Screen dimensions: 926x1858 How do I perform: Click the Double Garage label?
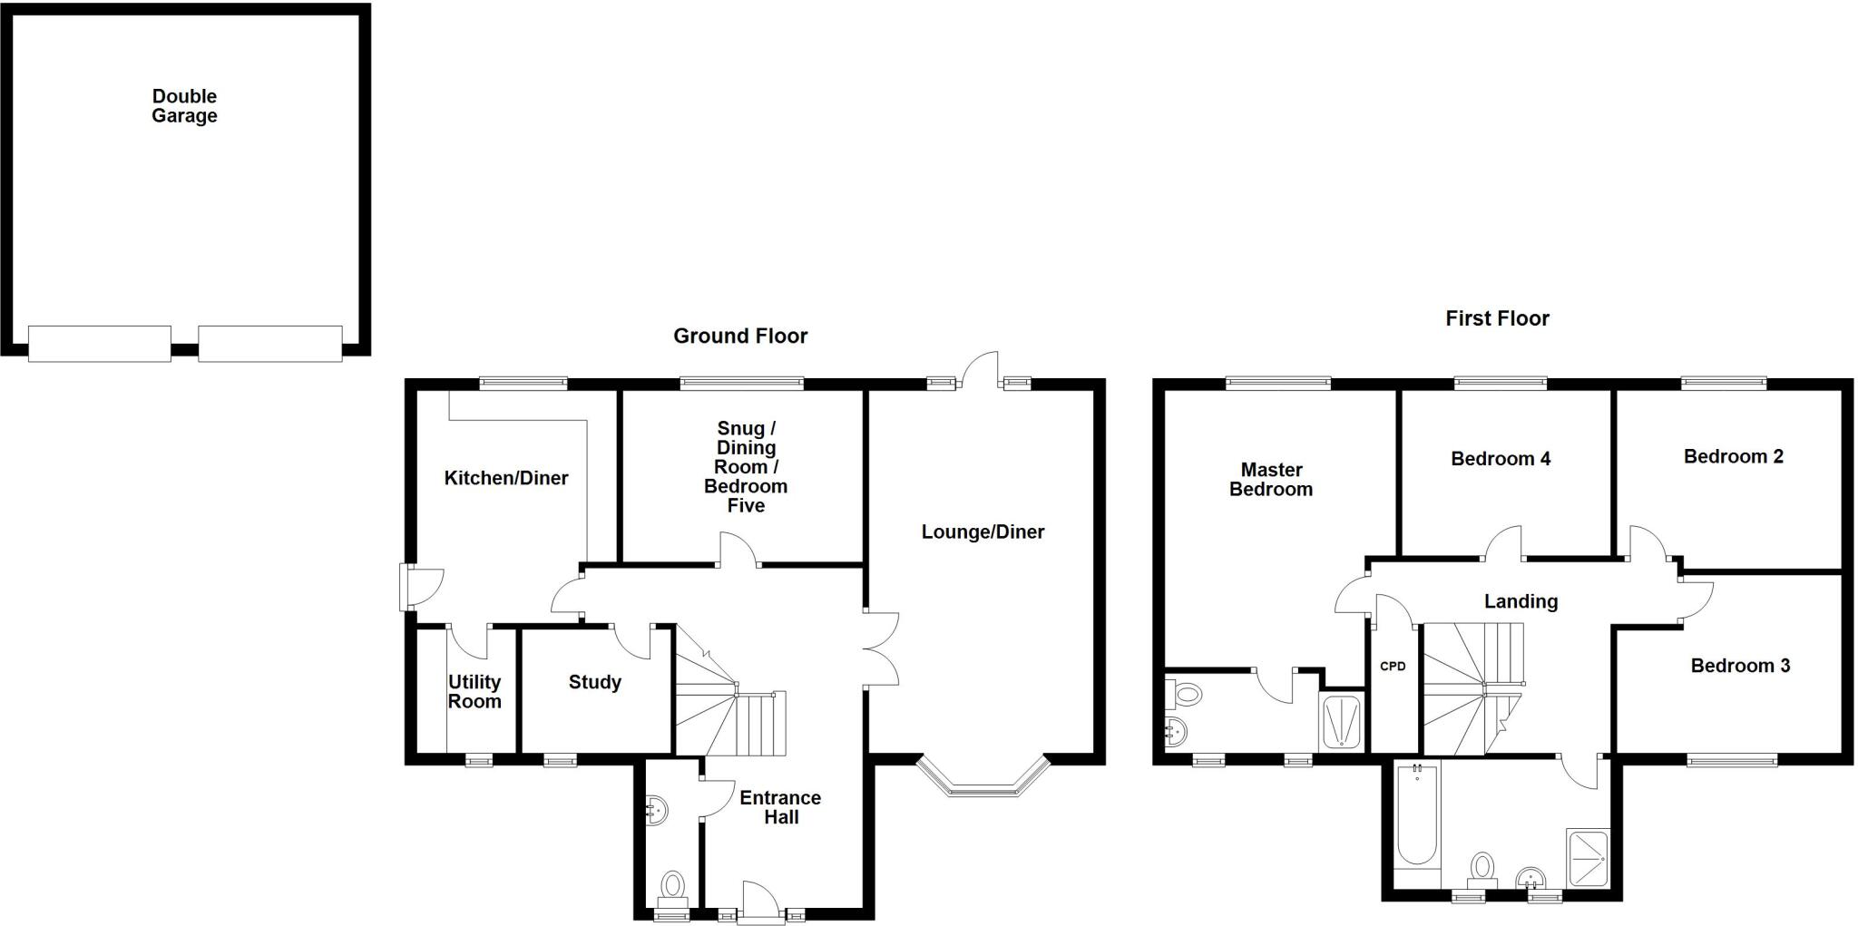[184, 106]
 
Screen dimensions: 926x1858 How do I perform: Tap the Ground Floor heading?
[739, 336]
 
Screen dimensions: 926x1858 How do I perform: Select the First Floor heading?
[1497, 318]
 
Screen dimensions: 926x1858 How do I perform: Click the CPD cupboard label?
[1393, 667]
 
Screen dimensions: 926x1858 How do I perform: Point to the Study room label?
[594, 682]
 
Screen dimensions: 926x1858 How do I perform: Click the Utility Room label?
[474, 691]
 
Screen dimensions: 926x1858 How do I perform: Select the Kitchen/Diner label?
[505, 478]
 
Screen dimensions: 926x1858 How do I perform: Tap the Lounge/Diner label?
[983, 532]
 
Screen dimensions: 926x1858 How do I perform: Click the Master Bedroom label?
[1270, 480]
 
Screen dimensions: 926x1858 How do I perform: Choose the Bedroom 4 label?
[1500, 459]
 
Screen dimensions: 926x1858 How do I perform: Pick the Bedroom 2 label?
[1733, 456]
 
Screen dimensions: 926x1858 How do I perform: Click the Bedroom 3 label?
[1739, 666]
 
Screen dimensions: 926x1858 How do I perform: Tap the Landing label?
[1521, 601]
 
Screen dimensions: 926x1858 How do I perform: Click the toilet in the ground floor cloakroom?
[672, 886]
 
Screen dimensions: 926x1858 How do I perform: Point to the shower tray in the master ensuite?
[1342, 722]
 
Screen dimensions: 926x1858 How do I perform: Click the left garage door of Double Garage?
[100, 344]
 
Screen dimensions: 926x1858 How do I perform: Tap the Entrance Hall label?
[779, 807]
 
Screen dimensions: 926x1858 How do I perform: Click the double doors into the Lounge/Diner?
[880, 648]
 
